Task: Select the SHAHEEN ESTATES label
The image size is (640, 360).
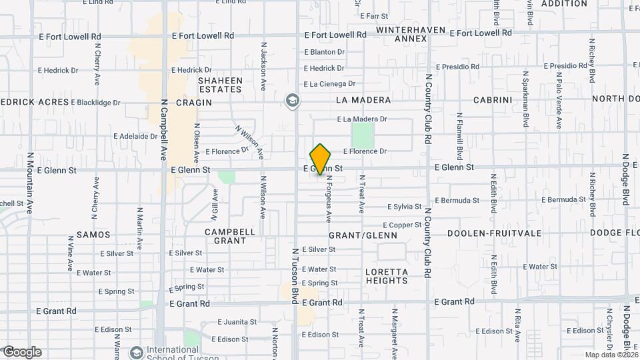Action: click(220, 85)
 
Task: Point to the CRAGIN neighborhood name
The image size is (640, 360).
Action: click(193, 103)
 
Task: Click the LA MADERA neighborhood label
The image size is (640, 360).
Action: click(363, 100)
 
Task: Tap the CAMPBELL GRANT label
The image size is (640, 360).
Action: click(230, 236)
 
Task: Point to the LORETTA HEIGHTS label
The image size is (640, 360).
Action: click(387, 276)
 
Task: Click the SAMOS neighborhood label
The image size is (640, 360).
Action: click(93, 235)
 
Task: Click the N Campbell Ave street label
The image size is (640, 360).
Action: click(163, 130)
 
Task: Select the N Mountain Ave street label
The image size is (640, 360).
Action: click(30, 183)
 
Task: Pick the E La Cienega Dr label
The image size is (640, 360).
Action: click(329, 84)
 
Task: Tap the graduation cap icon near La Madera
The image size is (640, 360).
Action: click(292, 101)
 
